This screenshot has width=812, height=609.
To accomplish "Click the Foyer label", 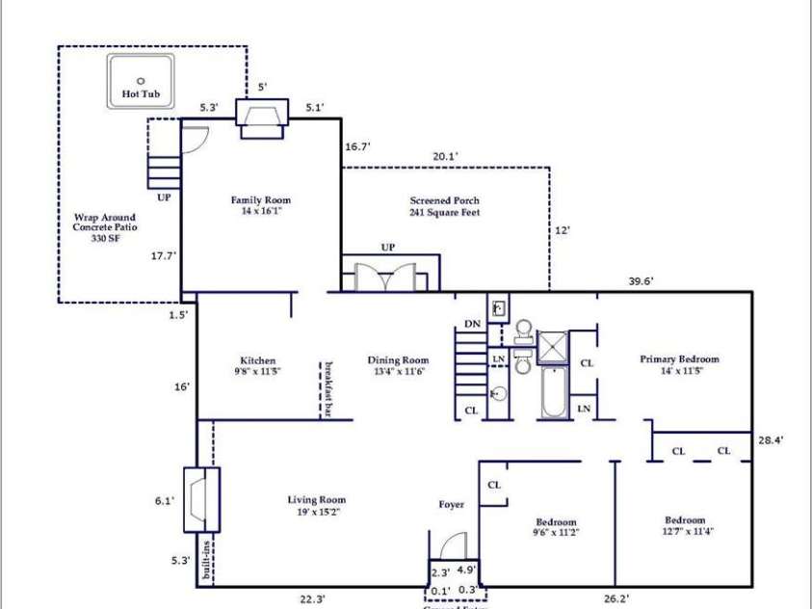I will coord(451,504).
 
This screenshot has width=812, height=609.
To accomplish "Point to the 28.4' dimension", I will coord(772,439).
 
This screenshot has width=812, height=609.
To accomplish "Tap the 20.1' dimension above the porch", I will coord(445,156).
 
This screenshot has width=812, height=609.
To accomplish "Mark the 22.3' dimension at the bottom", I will coord(311,598).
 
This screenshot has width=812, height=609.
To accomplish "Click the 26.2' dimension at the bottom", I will coord(616,598).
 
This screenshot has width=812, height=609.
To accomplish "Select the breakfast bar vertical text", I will coord(327,390).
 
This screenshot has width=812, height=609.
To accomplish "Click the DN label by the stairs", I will coord(472,324).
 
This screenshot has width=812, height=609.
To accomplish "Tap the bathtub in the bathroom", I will coord(553,395).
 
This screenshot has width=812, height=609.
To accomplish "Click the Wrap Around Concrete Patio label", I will coord(104,226).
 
